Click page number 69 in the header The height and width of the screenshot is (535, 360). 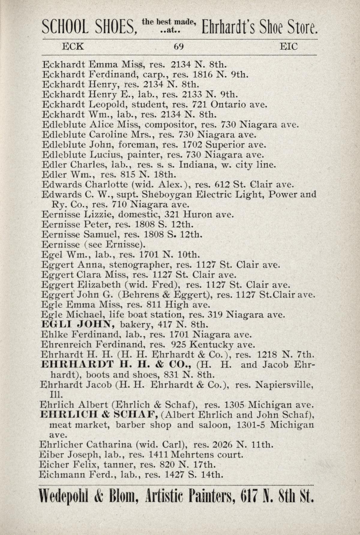coord(178,47)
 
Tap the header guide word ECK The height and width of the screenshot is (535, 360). coord(73,47)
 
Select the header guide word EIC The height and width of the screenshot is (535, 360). coord(289,47)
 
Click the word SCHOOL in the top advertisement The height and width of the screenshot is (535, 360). coord(65,28)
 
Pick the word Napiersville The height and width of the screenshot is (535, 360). coord(284,385)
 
